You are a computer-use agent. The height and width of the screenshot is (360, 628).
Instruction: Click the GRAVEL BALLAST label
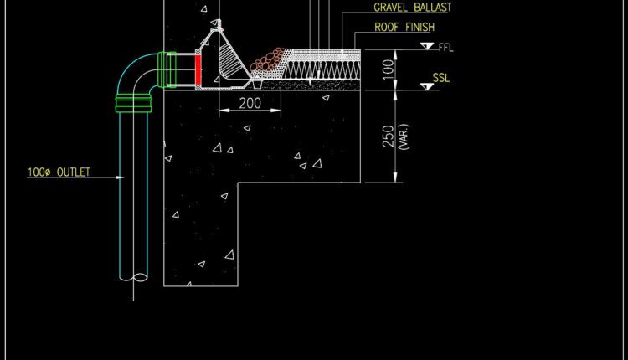[x=412, y=8]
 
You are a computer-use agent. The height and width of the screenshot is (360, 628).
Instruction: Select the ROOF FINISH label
[x=404, y=28]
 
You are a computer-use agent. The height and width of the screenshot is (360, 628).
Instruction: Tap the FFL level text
[x=445, y=48]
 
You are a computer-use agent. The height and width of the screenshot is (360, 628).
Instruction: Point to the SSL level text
[x=441, y=78]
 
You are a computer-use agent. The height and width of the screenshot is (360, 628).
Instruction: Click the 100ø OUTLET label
[x=59, y=172]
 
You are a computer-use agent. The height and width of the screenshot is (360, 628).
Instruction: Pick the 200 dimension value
[x=250, y=103]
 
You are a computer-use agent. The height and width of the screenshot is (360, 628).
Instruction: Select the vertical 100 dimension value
[x=388, y=69]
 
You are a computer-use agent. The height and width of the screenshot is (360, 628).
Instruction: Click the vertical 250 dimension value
[x=388, y=136]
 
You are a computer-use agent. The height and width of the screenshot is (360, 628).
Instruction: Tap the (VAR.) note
[x=404, y=137]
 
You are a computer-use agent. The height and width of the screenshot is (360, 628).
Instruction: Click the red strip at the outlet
[x=198, y=70]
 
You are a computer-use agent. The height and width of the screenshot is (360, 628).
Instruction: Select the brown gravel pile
[x=267, y=60]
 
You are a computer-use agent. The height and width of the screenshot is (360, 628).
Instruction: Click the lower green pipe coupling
[x=133, y=103]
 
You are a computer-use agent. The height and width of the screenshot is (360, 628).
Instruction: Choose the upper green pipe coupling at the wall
[x=167, y=70]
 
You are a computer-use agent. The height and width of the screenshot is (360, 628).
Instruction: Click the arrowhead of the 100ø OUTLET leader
[x=121, y=177]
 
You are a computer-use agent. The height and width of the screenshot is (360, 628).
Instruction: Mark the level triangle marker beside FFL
[x=427, y=46]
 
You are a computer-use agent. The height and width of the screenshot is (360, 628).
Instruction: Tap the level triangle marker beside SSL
[x=427, y=86]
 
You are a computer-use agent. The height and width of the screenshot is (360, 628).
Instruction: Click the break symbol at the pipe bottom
[x=133, y=277]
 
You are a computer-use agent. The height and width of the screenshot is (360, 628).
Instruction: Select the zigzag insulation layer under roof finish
[x=322, y=69]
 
